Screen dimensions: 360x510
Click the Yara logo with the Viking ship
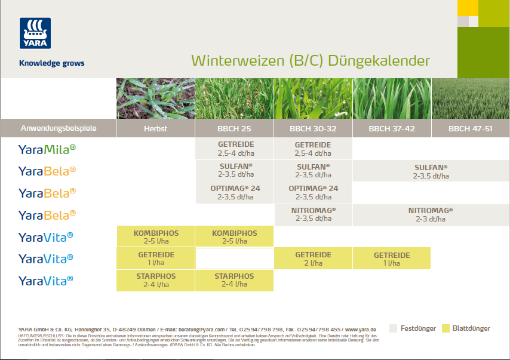(35, 33)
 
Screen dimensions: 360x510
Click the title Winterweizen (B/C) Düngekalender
(310, 61)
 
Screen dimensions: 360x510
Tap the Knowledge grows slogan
(51, 63)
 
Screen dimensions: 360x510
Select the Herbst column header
(155, 128)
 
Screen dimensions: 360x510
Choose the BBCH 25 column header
(234, 128)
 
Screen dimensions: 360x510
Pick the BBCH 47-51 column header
(470, 128)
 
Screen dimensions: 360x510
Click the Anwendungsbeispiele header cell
(59, 128)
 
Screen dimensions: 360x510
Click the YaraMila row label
(47, 149)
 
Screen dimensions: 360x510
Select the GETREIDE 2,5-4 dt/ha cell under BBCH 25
(235, 149)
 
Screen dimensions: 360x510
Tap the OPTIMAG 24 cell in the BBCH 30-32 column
(313, 192)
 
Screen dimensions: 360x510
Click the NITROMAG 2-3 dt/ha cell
(430, 214)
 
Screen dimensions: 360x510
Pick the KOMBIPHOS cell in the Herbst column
(156, 236)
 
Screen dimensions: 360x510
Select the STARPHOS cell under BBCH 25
(235, 280)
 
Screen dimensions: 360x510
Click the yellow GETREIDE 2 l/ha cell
(313, 259)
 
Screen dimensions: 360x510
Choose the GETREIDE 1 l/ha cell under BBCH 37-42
(391, 259)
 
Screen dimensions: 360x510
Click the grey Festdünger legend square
(393, 328)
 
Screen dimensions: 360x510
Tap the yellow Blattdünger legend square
(446, 328)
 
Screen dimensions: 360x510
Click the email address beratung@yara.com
(204, 330)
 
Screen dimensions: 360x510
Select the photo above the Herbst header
(155, 99)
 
